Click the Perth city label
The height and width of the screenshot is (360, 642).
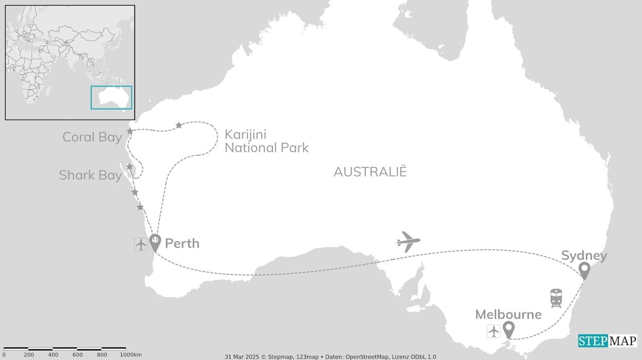[182, 244]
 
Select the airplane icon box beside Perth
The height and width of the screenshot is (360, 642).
[141, 244]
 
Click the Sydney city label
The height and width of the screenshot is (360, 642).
[584, 256]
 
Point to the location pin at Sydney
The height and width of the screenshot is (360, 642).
[584, 270]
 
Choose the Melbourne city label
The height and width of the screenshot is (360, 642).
[508, 314]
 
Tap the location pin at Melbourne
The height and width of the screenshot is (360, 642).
[509, 330]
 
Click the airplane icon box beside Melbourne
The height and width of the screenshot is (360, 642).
[494, 331]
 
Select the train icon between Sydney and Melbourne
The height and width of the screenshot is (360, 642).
[556, 298]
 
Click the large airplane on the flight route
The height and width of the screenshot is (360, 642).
[408, 242]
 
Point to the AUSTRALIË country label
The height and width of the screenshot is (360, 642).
[370, 172]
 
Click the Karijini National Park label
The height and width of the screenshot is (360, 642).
[266, 141]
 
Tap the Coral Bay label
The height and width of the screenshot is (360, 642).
[92, 137]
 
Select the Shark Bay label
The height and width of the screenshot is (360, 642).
[90, 175]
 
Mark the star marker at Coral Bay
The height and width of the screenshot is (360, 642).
[130, 131]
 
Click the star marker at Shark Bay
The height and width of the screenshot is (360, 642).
[129, 166]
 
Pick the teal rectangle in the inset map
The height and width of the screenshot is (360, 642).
[111, 97]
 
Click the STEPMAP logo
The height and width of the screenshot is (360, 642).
[607, 341]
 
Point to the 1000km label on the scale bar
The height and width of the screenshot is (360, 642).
[130, 355]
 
